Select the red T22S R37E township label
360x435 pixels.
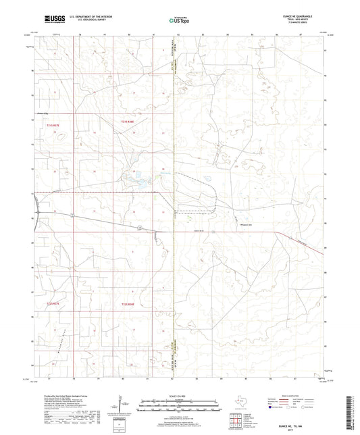click(x=53, y=305)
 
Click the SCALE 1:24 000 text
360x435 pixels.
click(x=178, y=395)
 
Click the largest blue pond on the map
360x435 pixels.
click(x=143, y=180)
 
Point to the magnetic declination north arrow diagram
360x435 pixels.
click(x=118, y=405)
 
